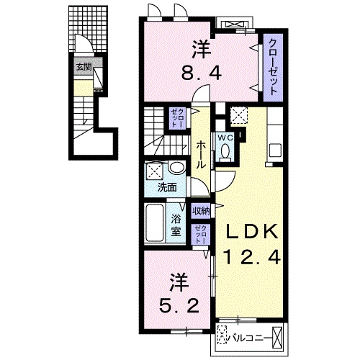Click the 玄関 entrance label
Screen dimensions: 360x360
[x=84, y=68]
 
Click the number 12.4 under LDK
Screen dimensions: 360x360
[x=253, y=257]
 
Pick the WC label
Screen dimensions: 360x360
[x=224, y=135]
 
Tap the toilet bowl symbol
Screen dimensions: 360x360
[x=225, y=152]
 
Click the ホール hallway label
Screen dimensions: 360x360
[x=201, y=153]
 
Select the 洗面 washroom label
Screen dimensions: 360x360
[x=168, y=189]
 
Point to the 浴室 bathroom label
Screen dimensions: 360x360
[x=176, y=227]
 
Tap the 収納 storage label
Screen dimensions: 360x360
[x=201, y=211]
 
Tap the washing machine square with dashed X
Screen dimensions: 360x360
[x=153, y=171]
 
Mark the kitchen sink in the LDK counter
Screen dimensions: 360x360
[x=275, y=151]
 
